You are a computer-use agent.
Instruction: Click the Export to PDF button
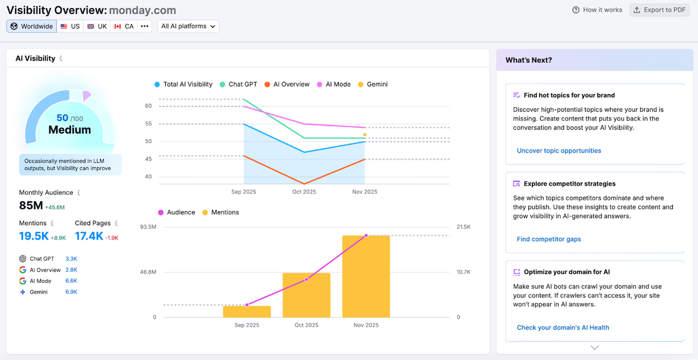coord(659,10)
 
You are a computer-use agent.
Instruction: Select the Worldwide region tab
coord(32,26)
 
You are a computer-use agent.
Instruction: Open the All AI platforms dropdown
coord(188,26)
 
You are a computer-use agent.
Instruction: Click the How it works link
coord(597,10)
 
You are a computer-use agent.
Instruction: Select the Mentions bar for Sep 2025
coord(247,311)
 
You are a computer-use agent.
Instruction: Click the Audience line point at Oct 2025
coord(307,280)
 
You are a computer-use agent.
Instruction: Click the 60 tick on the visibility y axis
coord(148,106)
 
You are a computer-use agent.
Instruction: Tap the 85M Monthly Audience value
coord(31,205)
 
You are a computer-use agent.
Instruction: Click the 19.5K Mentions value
coord(33,236)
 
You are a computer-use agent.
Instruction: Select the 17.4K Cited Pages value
coord(89,236)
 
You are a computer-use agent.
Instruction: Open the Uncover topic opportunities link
coord(558,151)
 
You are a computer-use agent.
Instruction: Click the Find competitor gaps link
coord(549,239)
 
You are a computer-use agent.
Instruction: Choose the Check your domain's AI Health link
coord(562,327)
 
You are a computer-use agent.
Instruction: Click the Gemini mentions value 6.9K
coord(72,292)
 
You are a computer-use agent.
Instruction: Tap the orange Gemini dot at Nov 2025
coord(365,134)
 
